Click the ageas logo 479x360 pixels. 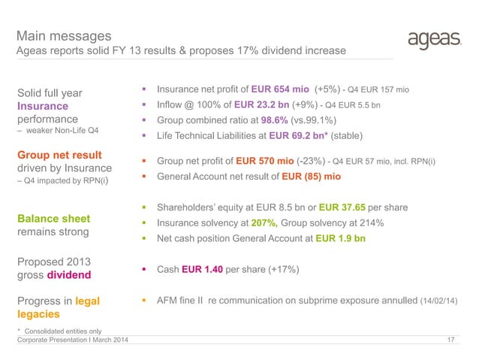click(x=432, y=39)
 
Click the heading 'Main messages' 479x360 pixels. click(x=65, y=35)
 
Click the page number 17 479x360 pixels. click(x=450, y=342)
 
